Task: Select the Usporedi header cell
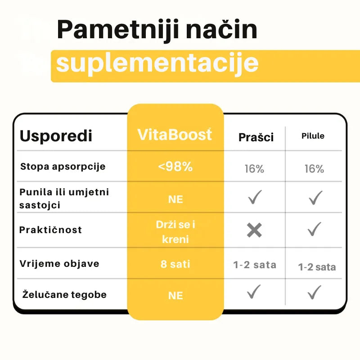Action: [x=56, y=136]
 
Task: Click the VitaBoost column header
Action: [x=175, y=135]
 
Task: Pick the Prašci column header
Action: [x=256, y=137]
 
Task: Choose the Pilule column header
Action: [x=313, y=136]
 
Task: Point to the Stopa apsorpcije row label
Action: [x=63, y=166]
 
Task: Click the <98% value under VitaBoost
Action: [x=175, y=166]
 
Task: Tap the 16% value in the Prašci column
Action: [x=254, y=169]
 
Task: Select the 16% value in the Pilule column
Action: [x=314, y=169]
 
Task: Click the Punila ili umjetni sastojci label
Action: [x=64, y=198]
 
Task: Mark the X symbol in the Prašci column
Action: [x=254, y=230]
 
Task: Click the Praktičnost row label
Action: [x=50, y=230]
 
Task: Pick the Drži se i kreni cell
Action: [x=175, y=231]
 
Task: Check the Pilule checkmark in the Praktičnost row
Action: [x=315, y=229]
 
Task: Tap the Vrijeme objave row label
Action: [x=59, y=264]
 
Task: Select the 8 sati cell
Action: [x=175, y=264]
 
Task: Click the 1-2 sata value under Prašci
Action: [x=255, y=265]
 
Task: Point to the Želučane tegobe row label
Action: [x=64, y=295]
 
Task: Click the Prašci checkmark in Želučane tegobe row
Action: [x=254, y=292]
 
